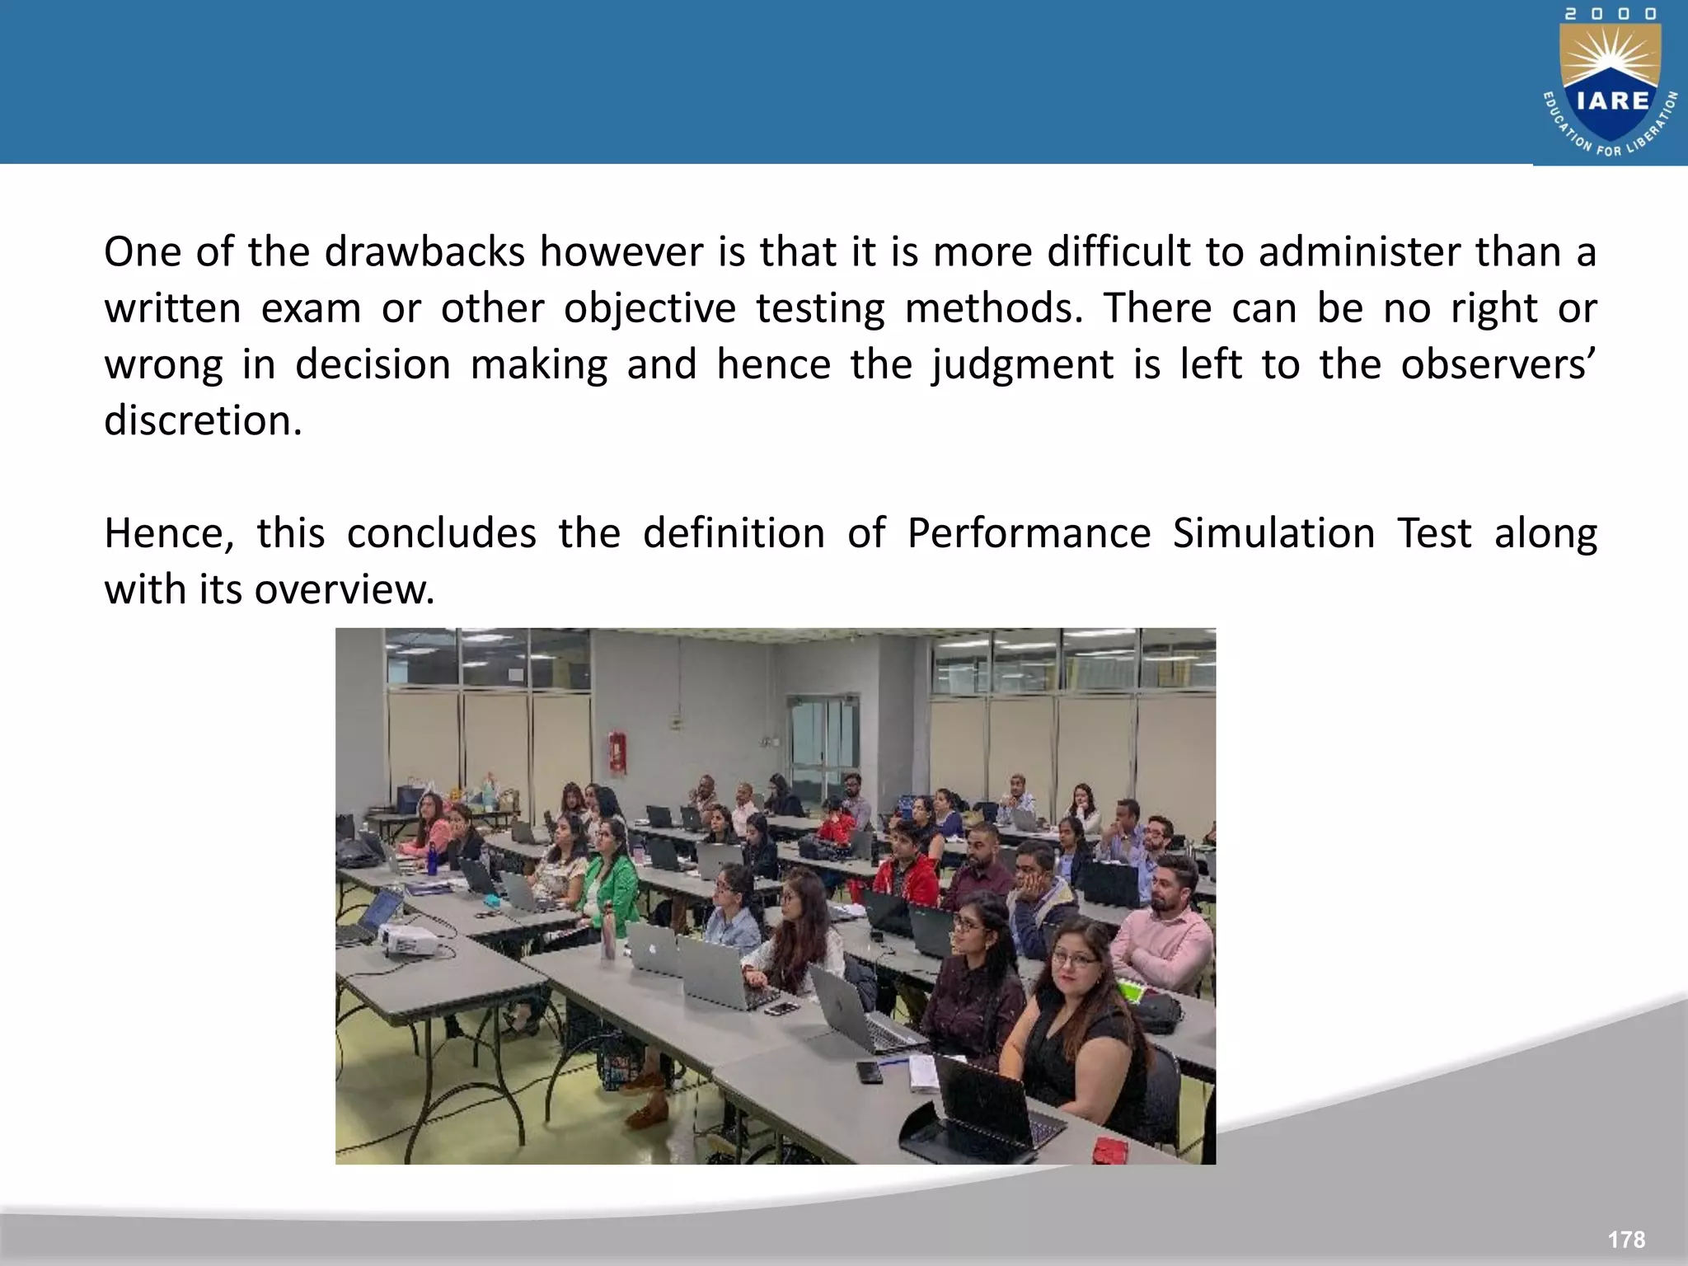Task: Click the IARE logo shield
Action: click(1611, 91)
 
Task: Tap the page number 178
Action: click(1625, 1240)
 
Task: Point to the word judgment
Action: click(1022, 365)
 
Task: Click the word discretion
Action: click(203, 421)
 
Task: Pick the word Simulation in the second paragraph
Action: click(1273, 533)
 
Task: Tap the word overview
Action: click(344, 590)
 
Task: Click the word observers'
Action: click(1498, 365)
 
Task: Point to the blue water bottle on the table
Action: click(430, 859)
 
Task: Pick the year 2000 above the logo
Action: click(1611, 14)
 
